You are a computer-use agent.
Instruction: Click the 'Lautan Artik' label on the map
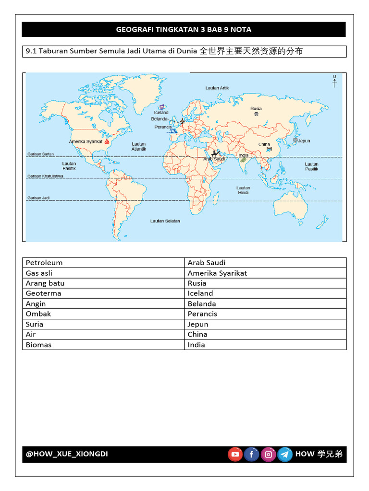pyautogui.click(x=217, y=88)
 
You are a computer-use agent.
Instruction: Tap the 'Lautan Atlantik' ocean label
pyautogui.click(x=139, y=146)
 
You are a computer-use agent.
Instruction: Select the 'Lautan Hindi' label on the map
pyautogui.click(x=243, y=190)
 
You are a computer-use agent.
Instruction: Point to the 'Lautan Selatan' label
pyautogui.click(x=165, y=221)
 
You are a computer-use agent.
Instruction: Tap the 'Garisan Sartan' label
pyautogui.click(x=40, y=154)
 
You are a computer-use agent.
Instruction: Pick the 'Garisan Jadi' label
pyautogui.click(x=38, y=198)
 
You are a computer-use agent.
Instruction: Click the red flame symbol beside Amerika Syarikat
pyautogui.click(x=107, y=141)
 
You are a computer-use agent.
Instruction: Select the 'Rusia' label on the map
pyautogui.click(x=256, y=109)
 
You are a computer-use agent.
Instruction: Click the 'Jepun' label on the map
pyautogui.click(x=304, y=141)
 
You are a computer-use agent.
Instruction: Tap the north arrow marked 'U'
pyautogui.click(x=334, y=81)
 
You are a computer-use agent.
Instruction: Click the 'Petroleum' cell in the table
pyautogui.click(x=44, y=263)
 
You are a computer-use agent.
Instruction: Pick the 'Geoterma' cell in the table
pyautogui.click(x=44, y=293)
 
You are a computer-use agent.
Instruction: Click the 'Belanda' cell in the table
pyautogui.click(x=202, y=304)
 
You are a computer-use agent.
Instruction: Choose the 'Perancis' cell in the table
pyautogui.click(x=202, y=314)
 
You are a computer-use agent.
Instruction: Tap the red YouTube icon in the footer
pyautogui.click(x=235, y=454)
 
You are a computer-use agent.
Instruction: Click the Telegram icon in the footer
pyautogui.click(x=285, y=454)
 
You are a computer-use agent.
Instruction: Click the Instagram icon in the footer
pyautogui.click(x=268, y=454)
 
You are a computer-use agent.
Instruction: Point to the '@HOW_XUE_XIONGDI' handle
pyautogui.click(x=67, y=454)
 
